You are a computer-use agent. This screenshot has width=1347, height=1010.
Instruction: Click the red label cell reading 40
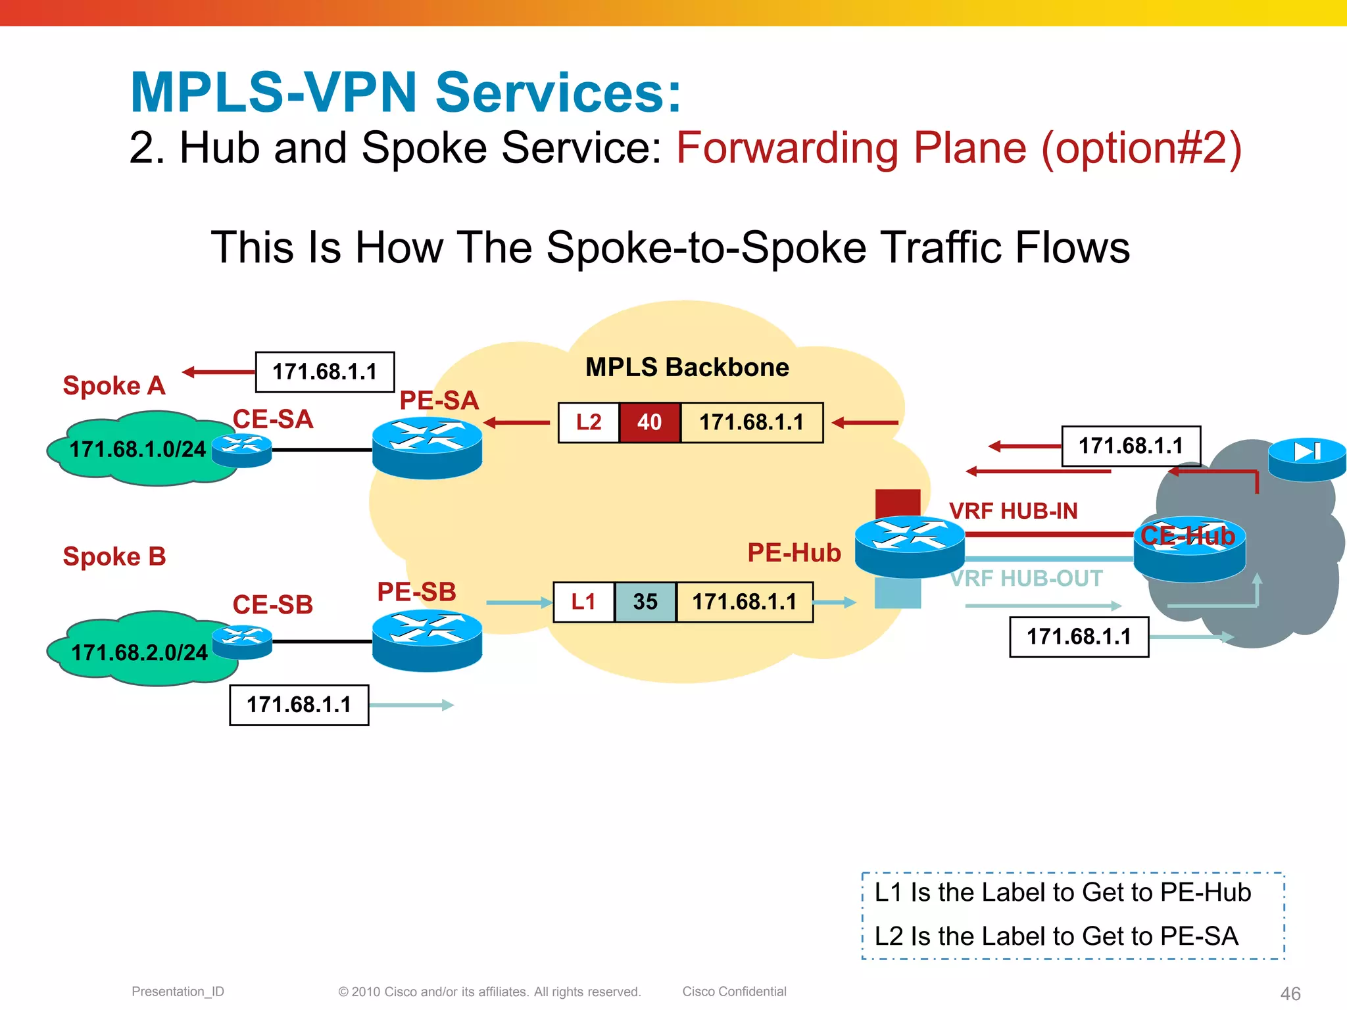(649, 422)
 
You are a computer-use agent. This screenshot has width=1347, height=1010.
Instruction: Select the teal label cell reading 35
(645, 602)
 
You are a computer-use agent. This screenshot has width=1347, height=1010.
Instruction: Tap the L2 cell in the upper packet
(589, 422)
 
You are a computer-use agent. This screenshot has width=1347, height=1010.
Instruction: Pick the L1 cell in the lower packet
(583, 602)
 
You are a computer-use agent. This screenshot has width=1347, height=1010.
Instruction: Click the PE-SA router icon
(427, 447)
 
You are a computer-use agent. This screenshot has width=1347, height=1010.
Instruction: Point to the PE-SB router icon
(427, 640)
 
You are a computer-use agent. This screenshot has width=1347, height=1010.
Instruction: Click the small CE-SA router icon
(242, 450)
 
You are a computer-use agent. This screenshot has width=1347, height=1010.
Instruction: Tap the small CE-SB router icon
(242, 642)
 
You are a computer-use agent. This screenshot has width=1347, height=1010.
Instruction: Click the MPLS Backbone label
(687, 367)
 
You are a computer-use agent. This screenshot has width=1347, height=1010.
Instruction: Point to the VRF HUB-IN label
(1013, 511)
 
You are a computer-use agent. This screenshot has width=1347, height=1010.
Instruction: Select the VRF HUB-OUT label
(1026, 579)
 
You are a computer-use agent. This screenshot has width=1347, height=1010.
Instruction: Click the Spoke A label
(114, 385)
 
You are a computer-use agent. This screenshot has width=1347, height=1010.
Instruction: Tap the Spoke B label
(114, 556)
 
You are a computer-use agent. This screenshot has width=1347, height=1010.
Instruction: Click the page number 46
(1290, 993)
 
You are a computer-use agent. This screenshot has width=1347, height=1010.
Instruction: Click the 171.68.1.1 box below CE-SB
(299, 705)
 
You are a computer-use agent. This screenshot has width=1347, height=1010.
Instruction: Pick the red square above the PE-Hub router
(898, 503)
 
